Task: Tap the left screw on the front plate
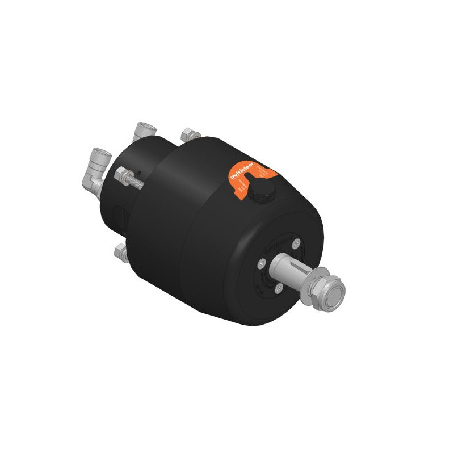[x=262, y=263]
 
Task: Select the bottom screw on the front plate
[x=278, y=288]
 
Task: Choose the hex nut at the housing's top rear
[x=188, y=135]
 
